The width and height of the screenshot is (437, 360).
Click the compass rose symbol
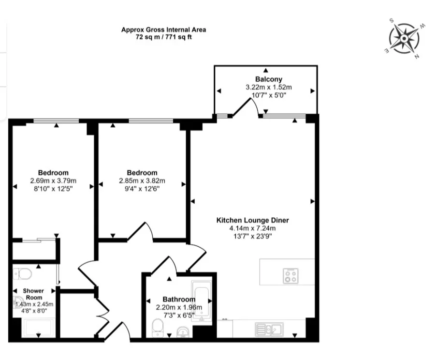[x=404, y=38]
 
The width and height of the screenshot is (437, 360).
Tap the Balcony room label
[x=269, y=79]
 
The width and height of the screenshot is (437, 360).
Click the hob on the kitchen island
[x=291, y=276]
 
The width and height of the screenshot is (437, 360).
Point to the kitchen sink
[x=269, y=330]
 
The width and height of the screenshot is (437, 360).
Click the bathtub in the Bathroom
[x=202, y=301]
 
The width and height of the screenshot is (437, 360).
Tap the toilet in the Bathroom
[x=158, y=328]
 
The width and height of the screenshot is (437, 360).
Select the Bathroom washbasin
[x=183, y=332]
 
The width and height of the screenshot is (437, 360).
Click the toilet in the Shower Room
[x=22, y=274]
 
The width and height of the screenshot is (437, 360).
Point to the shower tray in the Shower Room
[x=39, y=328]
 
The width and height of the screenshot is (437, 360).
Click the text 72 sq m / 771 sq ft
[x=163, y=37]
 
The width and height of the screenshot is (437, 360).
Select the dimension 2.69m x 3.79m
[x=53, y=180]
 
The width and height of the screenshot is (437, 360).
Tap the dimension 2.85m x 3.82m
[x=142, y=180]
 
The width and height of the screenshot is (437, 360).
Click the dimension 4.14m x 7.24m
[x=252, y=228]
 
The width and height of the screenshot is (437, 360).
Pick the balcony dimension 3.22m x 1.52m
[x=269, y=87]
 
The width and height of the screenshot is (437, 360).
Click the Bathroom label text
[x=179, y=299]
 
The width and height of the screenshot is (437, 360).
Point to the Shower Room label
[x=33, y=294]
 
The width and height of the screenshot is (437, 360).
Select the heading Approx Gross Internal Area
[x=163, y=30]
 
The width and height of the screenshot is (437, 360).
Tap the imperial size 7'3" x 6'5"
[x=179, y=315]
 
